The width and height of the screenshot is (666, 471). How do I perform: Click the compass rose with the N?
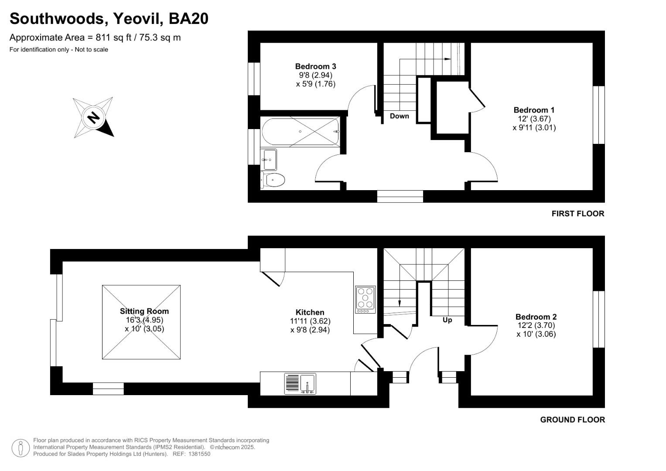click(93, 117)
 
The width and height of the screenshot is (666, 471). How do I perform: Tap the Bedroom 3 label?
click(315, 66)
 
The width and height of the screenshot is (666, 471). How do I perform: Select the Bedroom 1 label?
click(534, 110)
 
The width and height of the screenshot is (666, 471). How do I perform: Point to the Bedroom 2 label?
click(536, 317)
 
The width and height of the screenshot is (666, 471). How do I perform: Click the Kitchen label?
click(310, 312)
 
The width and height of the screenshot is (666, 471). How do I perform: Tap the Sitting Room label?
click(144, 311)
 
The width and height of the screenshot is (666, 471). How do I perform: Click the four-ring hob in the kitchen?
click(365, 299)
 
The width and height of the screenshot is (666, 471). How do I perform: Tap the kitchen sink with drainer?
click(300, 384)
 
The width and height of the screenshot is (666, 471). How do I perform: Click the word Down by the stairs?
click(399, 116)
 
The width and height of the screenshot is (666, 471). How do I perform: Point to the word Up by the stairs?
click(447, 320)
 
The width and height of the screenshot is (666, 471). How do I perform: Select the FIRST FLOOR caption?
click(577, 214)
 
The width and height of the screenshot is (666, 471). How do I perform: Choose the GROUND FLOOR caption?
click(572, 420)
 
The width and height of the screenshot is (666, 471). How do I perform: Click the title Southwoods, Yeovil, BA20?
click(109, 19)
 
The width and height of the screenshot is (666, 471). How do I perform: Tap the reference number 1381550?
click(199, 454)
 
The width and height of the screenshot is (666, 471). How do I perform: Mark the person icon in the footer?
click(20, 448)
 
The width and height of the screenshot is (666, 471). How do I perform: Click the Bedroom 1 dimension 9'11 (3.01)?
click(534, 128)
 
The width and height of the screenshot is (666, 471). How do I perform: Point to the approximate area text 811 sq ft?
click(113, 38)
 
